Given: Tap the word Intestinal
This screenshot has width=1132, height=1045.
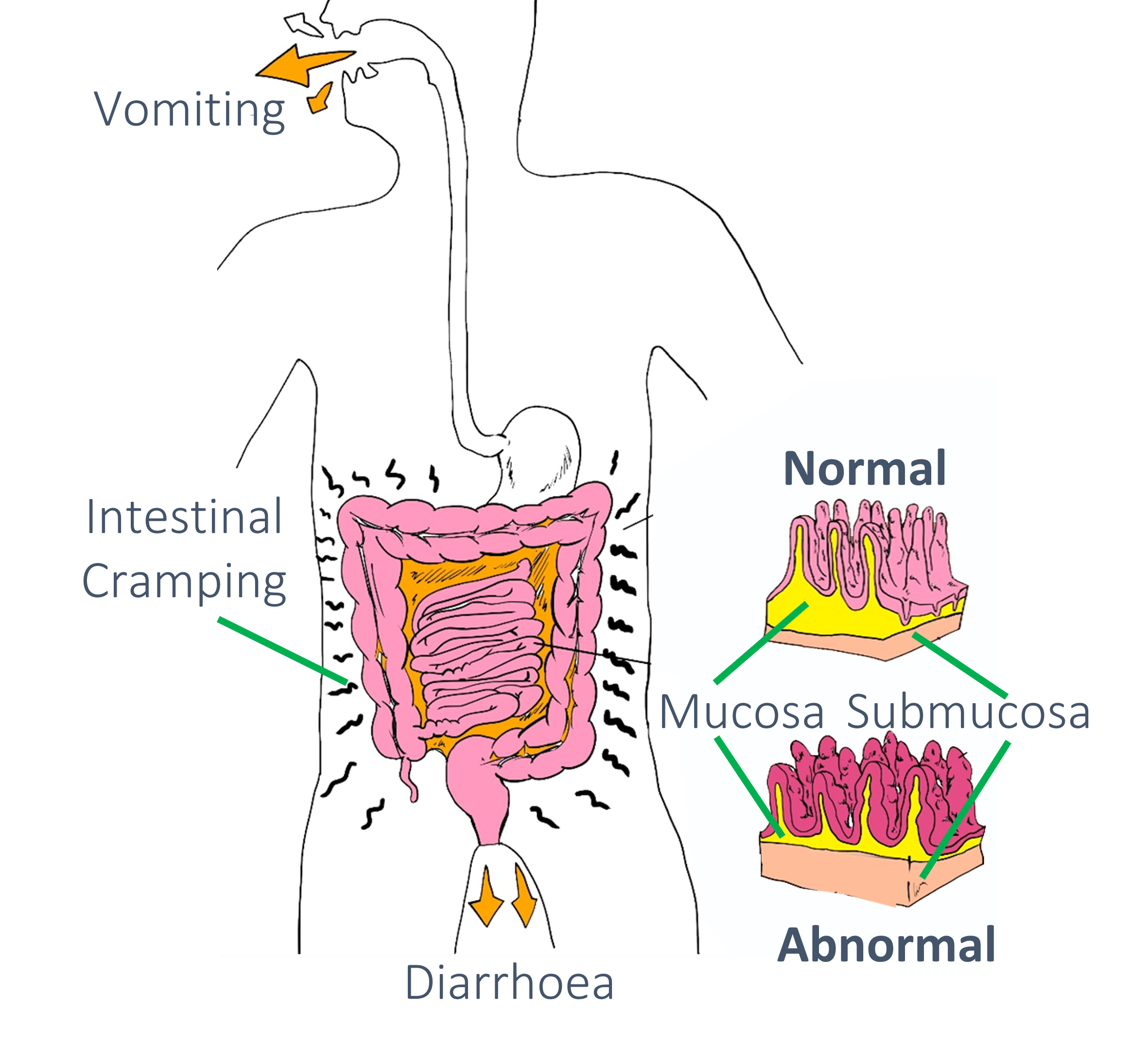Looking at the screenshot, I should (x=184, y=517).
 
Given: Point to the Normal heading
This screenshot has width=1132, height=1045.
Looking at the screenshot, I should (x=865, y=469).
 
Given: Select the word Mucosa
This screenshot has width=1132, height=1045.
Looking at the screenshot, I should (x=742, y=712).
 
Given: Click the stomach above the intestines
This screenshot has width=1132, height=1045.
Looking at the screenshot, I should (x=542, y=452).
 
